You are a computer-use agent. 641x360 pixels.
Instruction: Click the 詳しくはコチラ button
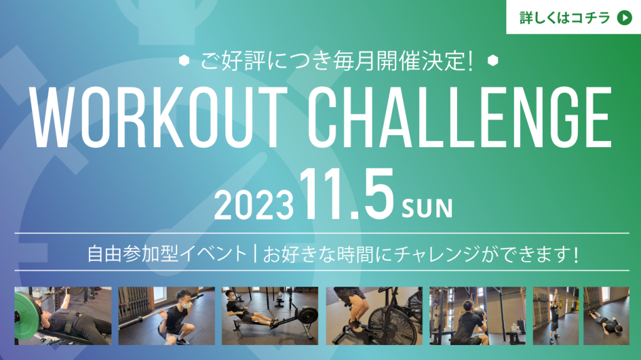click(573, 17)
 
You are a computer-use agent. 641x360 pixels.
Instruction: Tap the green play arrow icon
click(624, 18)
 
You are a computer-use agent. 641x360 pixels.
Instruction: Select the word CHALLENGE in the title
click(459, 118)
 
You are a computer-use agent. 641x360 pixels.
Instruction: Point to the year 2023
click(254, 205)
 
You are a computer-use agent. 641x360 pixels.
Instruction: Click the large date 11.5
click(347, 194)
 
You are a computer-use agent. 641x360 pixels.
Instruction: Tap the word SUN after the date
click(427, 208)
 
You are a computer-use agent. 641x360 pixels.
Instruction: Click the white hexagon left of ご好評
click(184, 61)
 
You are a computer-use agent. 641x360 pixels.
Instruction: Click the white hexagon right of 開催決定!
click(493, 61)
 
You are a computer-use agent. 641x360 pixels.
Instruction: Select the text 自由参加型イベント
click(167, 254)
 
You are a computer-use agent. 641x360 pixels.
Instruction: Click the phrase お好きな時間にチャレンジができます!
click(421, 254)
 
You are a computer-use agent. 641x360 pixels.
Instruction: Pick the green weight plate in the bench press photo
click(27, 316)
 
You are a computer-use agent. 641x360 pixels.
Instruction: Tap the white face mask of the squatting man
click(187, 305)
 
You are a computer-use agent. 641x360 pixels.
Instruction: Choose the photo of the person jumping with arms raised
click(556, 316)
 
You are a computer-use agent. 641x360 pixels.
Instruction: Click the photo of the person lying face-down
click(606, 316)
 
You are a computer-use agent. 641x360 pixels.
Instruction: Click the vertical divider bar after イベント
click(255, 254)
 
